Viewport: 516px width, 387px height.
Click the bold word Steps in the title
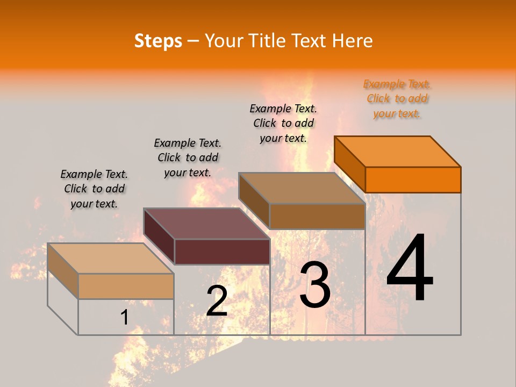coord(158,41)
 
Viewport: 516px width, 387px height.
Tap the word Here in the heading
coord(353,41)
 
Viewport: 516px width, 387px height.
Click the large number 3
coord(315,285)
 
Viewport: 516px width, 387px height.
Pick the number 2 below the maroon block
coord(217,301)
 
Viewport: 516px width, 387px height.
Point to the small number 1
coord(124,317)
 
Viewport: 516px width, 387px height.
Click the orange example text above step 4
coord(397,99)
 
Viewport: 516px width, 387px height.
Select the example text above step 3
coord(283,123)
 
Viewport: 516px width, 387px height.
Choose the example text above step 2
coord(188,157)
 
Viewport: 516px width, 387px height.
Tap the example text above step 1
coord(94,189)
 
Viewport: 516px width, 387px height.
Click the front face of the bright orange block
coord(413,180)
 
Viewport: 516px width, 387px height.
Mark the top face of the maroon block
coord(206,224)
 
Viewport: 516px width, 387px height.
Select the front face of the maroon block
coord(222,252)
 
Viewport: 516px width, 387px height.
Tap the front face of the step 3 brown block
coord(317,216)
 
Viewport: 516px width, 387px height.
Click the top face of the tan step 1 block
coord(111,258)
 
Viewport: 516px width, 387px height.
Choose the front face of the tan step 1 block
coord(126,286)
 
